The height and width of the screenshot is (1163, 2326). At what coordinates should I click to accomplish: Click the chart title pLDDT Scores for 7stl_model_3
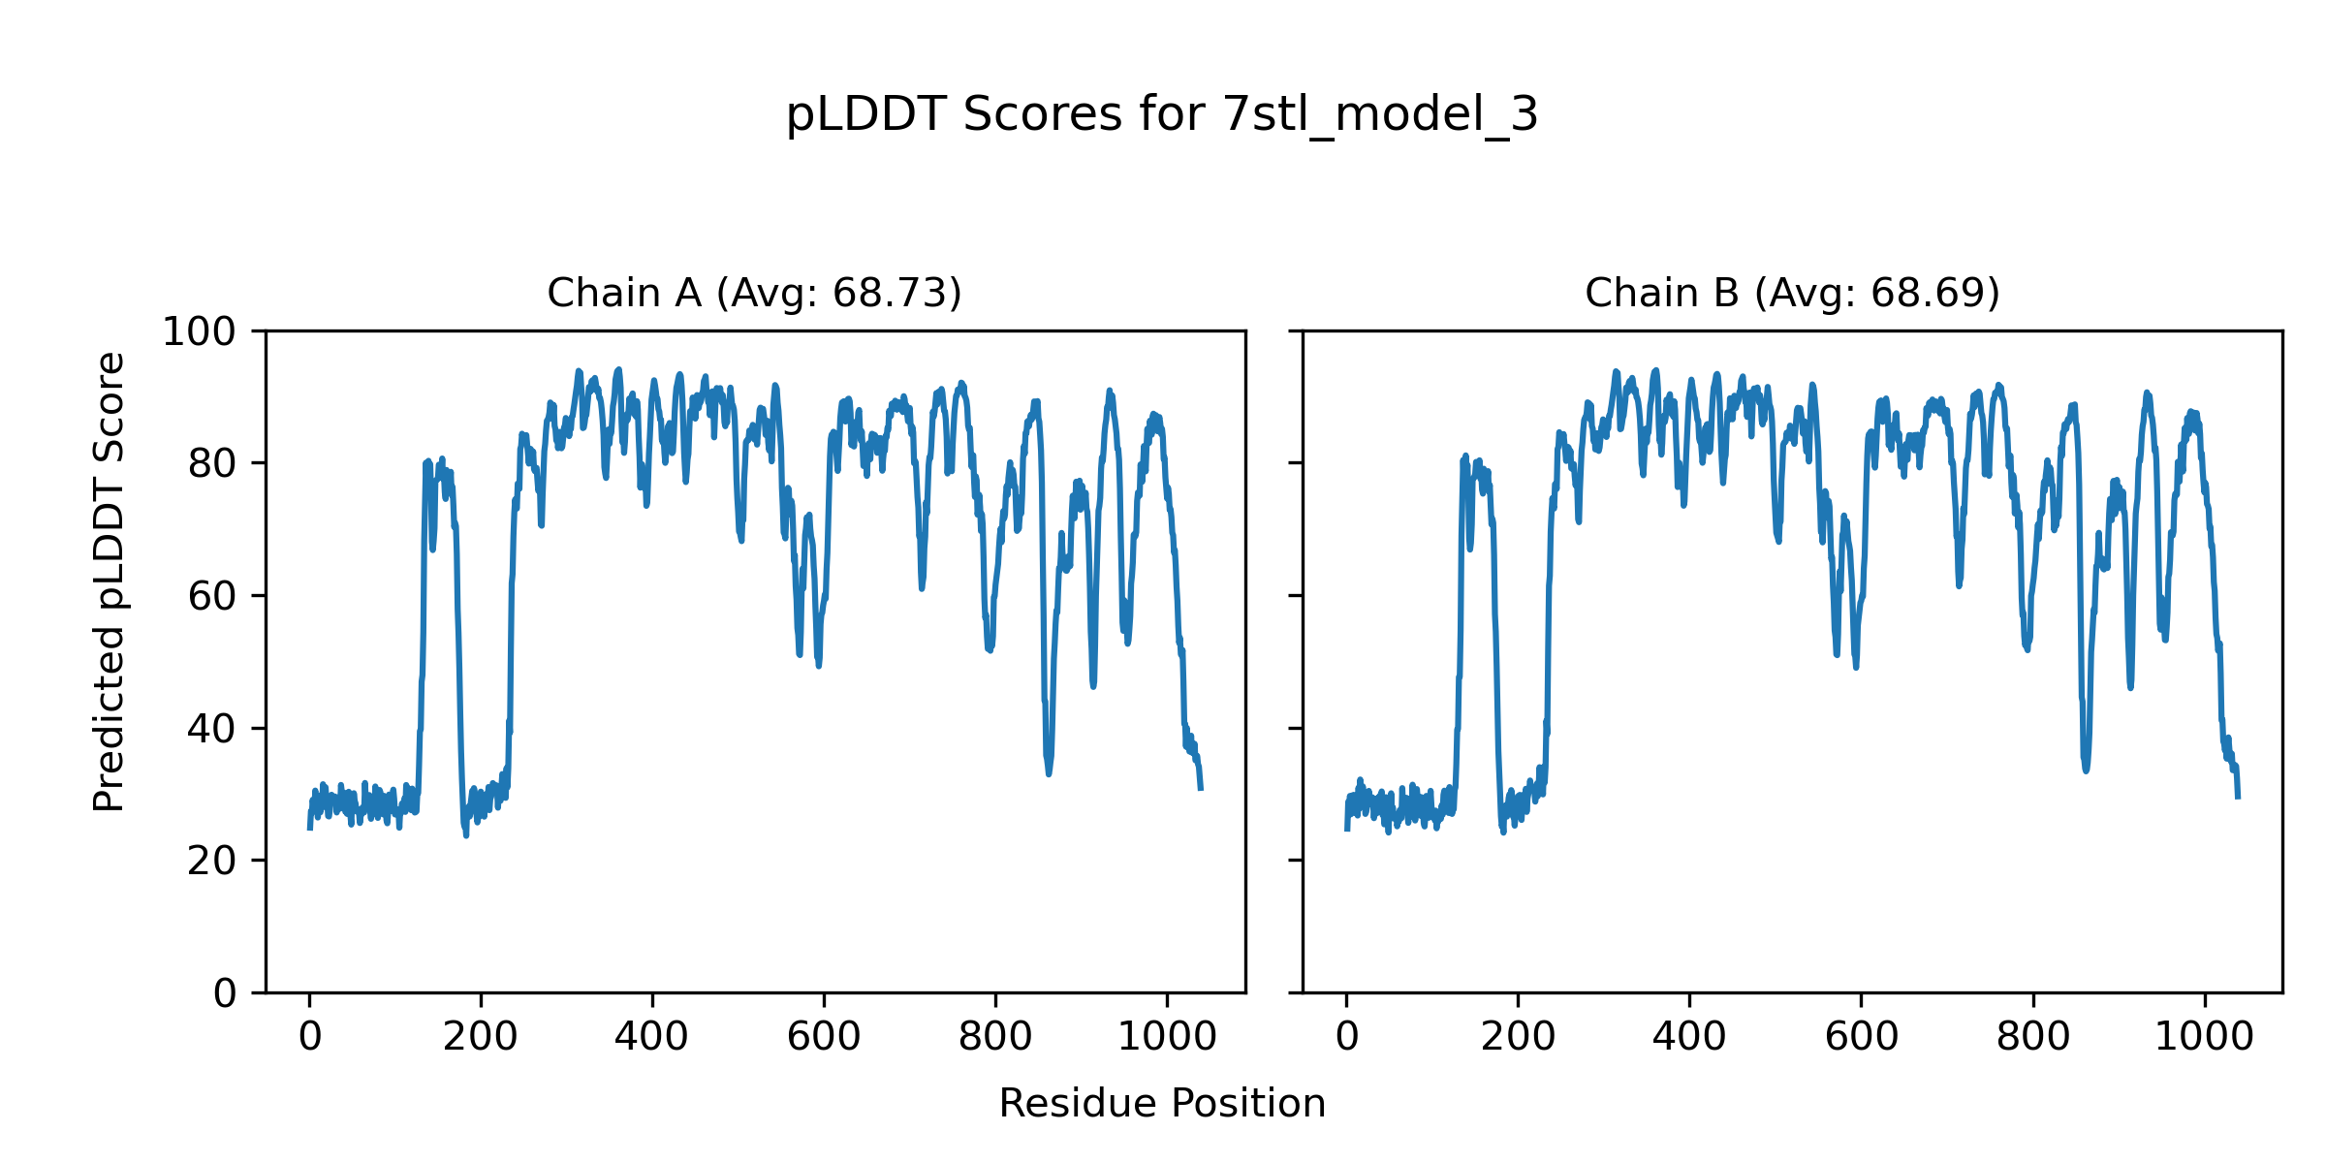coord(1161,115)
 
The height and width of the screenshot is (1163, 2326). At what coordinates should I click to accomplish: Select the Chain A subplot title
coord(754,293)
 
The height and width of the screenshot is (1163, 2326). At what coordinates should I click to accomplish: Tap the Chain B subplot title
coord(1792,293)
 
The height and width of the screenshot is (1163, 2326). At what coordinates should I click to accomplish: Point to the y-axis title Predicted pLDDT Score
coord(109,581)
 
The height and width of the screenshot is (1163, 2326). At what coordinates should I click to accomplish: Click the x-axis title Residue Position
coord(1162,1104)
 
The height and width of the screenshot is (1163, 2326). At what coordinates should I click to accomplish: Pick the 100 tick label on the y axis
coord(199,332)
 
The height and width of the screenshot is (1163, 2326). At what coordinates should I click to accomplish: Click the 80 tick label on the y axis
coord(212,464)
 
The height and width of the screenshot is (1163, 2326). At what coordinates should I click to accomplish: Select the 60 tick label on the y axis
coord(212,597)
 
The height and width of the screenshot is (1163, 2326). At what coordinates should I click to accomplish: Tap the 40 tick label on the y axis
coord(212,729)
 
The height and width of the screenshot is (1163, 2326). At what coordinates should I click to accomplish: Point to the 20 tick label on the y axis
coord(212,861)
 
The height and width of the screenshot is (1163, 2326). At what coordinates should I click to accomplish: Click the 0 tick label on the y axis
coord(225,993)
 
